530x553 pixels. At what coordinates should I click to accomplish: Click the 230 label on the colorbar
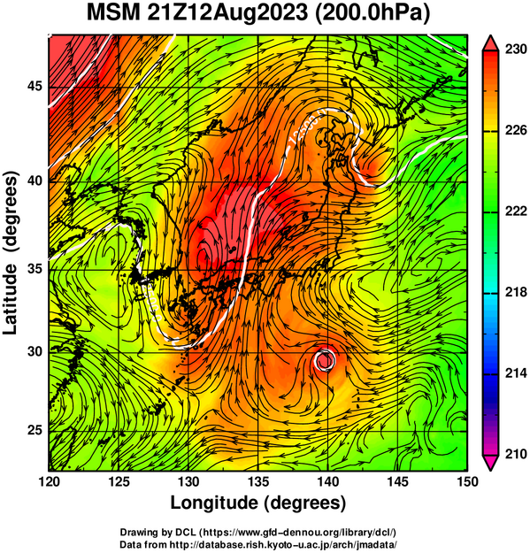coord(516,50)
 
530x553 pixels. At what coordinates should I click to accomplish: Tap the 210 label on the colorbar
coord(516,454)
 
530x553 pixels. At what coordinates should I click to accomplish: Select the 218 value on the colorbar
coord(516,292)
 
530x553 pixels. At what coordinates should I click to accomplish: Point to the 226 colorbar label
coord(516,130)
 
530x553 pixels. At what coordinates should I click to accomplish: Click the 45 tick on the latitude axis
coord(35,86)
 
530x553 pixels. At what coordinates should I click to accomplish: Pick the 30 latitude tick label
coord(35,351)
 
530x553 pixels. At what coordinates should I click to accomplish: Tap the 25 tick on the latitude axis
coord(35,431)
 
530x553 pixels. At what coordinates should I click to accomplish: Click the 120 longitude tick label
coord(49,481)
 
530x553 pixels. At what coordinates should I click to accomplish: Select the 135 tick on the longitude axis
coord(258,481)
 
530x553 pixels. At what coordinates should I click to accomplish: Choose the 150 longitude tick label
coord(467,481)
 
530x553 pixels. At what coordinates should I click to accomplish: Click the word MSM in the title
coord(113,12)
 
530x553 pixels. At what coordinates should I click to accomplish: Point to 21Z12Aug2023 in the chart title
coord(227,13)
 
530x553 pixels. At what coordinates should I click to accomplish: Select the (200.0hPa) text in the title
coord(373,14)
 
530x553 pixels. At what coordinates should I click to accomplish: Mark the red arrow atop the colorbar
coord(491,43)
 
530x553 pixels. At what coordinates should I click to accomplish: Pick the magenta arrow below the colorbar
coord(491,463)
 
